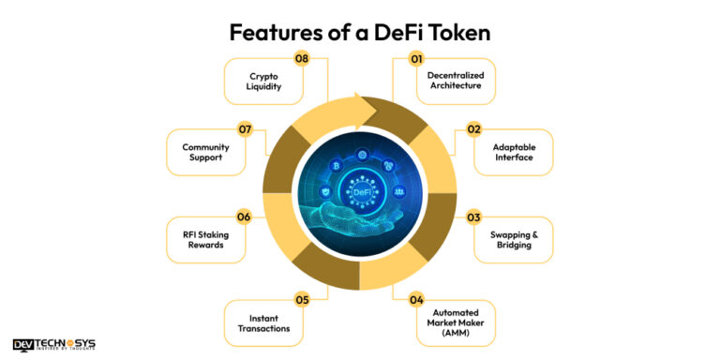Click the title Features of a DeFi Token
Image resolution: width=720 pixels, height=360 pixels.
360,32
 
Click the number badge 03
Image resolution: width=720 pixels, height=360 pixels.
474,217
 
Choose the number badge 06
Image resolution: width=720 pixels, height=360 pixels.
244,217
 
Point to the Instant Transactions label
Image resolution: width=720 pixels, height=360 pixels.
263,323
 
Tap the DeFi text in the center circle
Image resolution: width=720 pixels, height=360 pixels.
360,192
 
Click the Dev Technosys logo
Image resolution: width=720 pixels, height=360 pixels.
54,344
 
